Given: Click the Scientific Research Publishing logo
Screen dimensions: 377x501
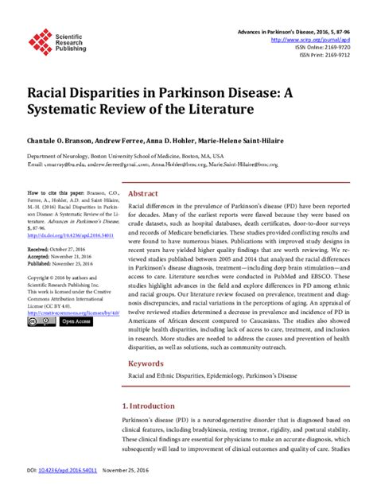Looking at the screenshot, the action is tap(58, 37).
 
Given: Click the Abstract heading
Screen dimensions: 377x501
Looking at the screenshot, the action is tap(143, 193).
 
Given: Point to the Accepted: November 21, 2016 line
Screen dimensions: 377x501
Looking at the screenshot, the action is tap(62, 257).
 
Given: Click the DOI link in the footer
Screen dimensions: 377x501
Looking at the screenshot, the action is tap(65, 493).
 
